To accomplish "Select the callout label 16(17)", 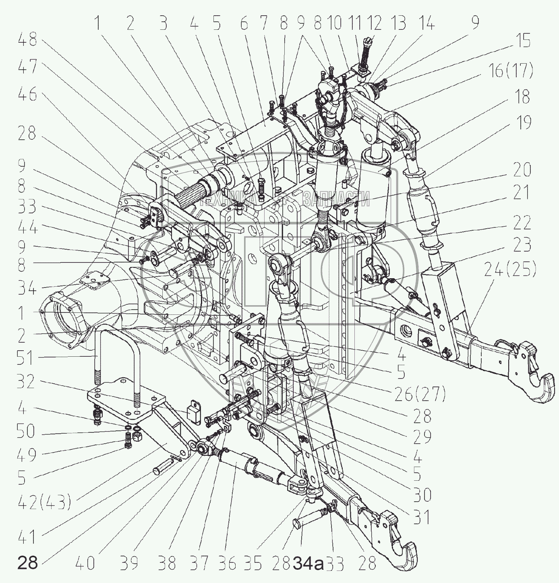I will click(511, 71).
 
